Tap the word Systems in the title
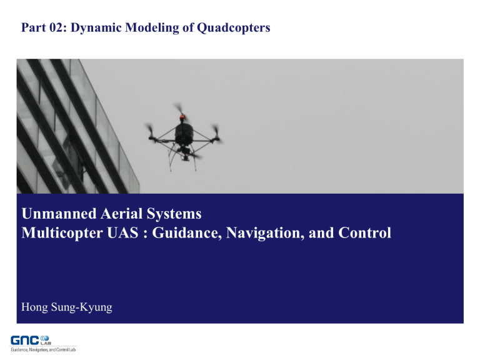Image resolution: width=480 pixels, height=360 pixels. click(176, 214)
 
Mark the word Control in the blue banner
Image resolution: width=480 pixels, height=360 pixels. click(366, 234)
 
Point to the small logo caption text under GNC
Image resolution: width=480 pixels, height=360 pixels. click(43, 349)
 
